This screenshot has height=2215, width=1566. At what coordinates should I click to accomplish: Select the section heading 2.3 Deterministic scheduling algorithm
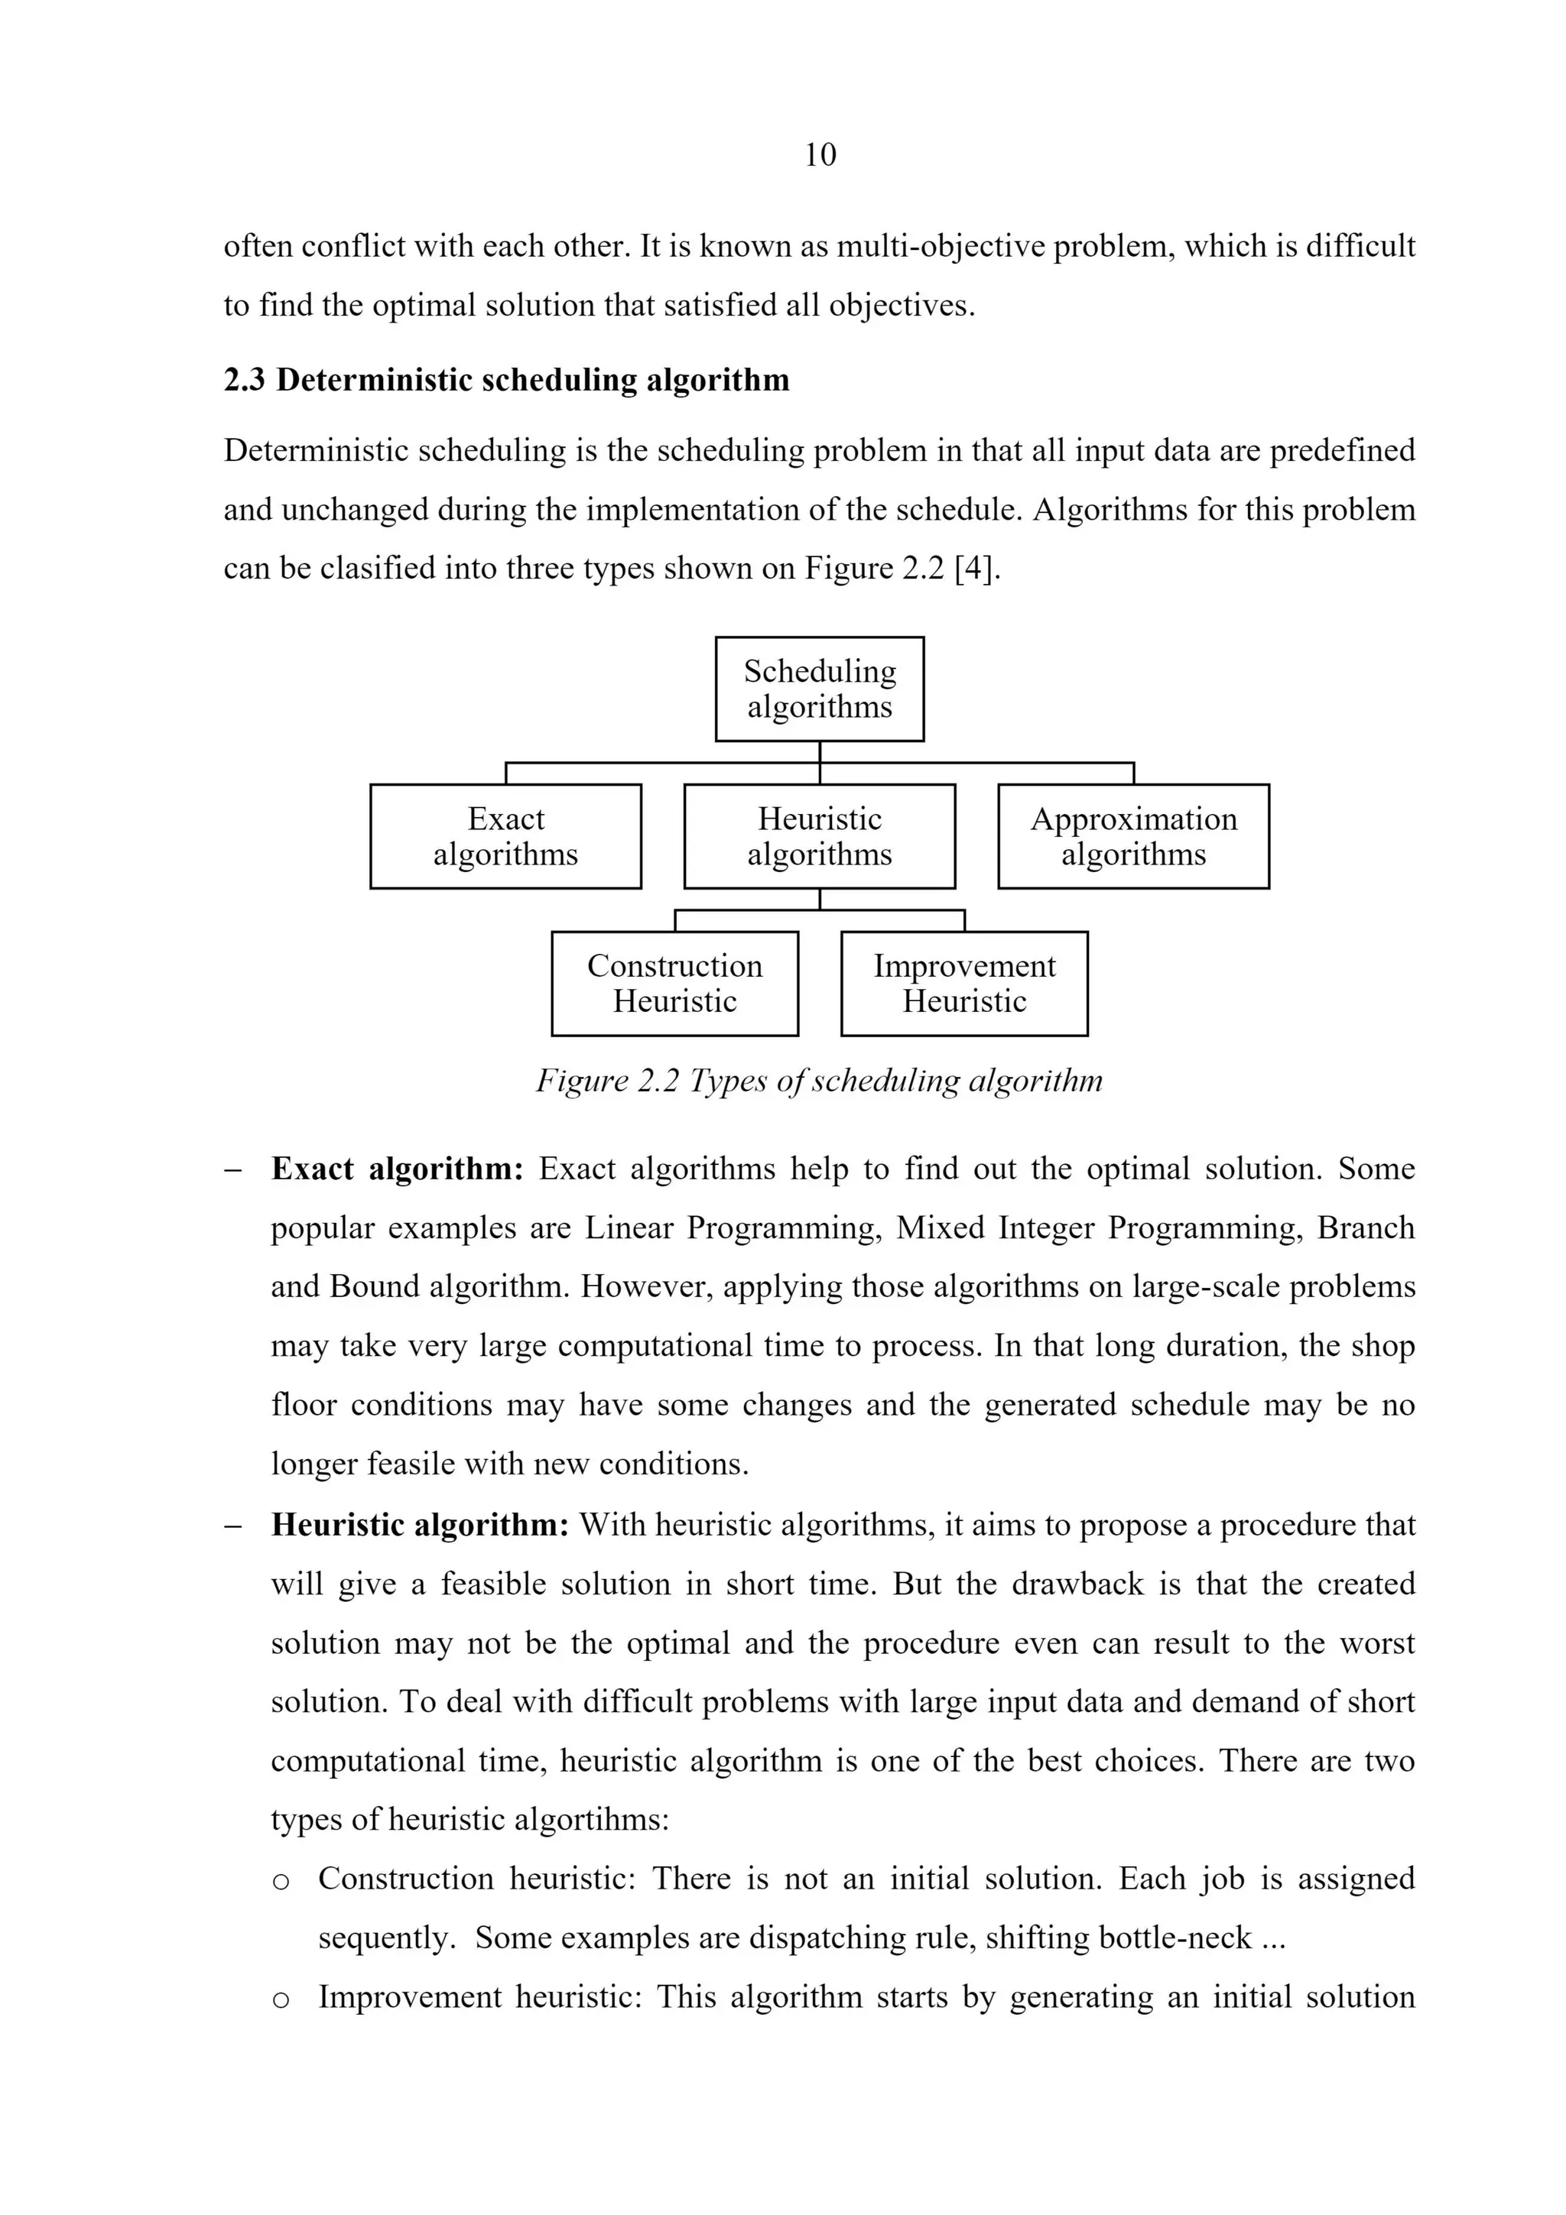506,380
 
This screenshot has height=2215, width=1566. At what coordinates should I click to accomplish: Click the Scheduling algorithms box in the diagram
819,689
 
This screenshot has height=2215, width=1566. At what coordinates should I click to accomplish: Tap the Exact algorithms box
505,836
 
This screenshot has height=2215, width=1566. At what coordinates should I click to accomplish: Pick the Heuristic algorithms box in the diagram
819,836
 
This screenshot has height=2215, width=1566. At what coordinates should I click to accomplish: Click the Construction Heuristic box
674,983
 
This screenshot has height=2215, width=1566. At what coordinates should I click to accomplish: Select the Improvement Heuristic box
964,983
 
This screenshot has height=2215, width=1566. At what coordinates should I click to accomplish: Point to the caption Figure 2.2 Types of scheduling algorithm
819,1081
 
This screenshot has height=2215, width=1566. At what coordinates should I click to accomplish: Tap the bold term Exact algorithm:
398,1169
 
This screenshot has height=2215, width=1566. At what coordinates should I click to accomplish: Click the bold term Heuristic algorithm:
420,1526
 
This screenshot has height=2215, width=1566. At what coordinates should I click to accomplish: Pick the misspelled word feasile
411,1464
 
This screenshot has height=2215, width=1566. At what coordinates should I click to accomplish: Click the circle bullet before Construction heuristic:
281,1881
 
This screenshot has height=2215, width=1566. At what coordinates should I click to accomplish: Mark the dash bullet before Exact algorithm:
232,1170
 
